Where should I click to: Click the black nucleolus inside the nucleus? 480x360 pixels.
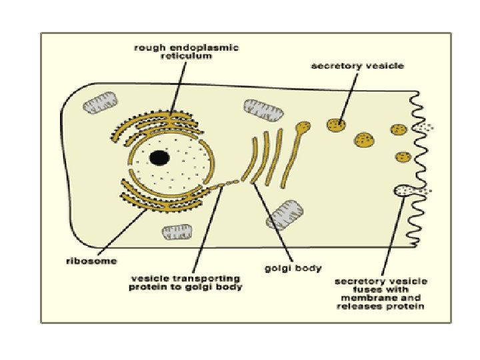point(159,157)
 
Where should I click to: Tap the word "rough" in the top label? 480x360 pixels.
point(146,48)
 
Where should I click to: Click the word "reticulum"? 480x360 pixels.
point(186,57)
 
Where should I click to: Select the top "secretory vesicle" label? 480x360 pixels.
point(357,66)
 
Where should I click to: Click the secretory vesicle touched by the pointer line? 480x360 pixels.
point(337,124)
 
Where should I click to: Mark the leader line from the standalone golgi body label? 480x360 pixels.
point(273,223)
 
